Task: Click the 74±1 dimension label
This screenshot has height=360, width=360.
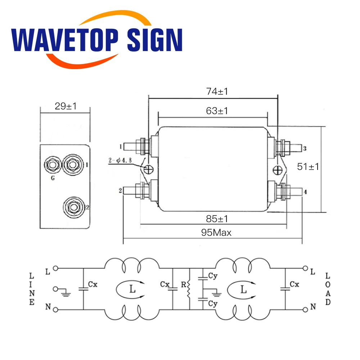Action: coord(217,91)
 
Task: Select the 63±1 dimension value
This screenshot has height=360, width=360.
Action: coord(217,111)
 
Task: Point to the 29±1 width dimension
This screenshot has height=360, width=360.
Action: coord(66,106)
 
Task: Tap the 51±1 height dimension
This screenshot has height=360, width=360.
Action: coord(308,166)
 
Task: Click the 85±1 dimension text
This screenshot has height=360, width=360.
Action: coord(217,219)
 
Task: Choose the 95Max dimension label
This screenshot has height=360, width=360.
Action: coord(216,233)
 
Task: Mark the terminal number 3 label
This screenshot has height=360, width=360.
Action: coord(305,148)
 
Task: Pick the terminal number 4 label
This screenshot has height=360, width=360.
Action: coord(305,192)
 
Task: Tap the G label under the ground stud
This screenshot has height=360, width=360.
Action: coord(53,177)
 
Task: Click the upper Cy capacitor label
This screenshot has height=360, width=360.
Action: coord(212,276)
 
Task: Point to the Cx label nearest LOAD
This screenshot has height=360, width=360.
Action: coord(294,284)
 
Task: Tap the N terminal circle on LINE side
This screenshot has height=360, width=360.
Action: coord(55,309)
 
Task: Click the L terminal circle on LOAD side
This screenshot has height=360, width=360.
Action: coord(305,268)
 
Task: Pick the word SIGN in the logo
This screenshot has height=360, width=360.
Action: coord(155,40)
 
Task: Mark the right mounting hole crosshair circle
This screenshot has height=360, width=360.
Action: coord(278,169)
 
